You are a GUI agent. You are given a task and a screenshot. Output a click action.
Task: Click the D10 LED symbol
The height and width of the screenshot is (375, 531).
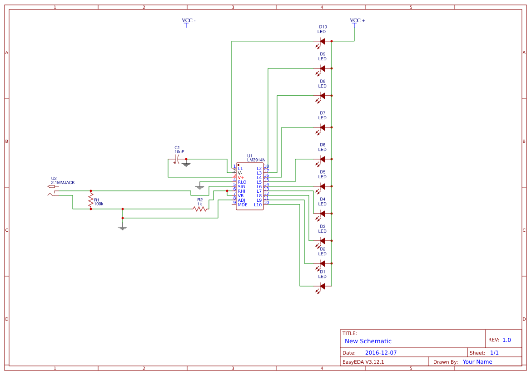click(322, 41)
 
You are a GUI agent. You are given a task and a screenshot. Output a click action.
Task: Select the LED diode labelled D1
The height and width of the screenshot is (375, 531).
click(322, 286)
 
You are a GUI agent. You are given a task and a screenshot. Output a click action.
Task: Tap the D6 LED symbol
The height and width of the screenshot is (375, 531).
click(322, 159)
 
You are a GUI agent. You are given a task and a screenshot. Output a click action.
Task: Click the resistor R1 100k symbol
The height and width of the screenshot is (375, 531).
click(91, 200)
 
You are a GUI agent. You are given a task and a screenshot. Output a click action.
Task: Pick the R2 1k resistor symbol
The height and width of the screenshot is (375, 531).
click(200, 209)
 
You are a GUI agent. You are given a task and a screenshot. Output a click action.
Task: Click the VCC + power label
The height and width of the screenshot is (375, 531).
click(357, 21)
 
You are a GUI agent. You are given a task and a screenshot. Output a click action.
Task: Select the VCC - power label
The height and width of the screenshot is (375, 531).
click(189, 21)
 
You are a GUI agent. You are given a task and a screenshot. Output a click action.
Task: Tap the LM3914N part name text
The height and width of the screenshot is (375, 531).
click(256, 160)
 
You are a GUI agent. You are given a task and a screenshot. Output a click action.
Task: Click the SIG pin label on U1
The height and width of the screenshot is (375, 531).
click(241, 187)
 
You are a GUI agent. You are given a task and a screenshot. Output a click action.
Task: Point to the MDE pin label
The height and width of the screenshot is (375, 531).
click(243, 205)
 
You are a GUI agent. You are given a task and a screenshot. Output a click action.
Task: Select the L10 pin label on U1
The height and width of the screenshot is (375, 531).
click(258, 205)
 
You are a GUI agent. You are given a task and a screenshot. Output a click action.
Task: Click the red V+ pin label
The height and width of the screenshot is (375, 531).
click(241, 178)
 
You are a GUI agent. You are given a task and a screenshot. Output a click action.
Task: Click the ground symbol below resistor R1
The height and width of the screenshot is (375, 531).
click(122, 227)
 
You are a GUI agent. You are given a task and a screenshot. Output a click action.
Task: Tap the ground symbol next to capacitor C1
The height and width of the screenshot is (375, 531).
click(186, 164)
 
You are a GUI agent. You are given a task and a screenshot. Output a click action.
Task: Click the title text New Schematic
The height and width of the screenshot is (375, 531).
click(368, 341)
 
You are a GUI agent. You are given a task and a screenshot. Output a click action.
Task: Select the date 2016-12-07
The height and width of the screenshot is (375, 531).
click(381, 353)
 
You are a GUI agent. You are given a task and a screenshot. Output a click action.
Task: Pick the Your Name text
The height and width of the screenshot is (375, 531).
click(477, 362)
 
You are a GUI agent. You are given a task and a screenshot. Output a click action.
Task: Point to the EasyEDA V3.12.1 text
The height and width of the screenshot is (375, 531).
click(363, 362)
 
